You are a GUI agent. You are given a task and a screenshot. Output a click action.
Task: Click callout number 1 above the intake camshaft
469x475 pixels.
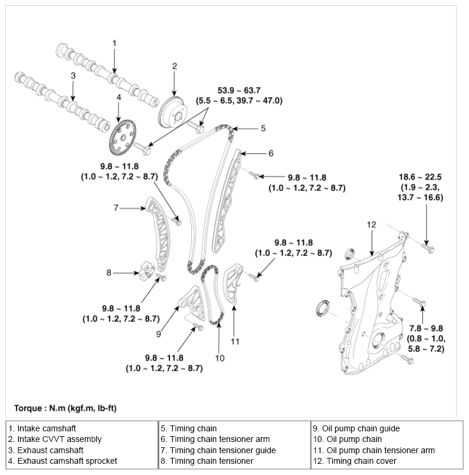tap(115, 43)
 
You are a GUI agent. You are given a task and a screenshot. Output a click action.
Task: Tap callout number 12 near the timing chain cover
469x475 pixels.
tap(371, 224)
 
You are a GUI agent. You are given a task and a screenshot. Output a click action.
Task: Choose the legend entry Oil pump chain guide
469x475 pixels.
tap(356, 428)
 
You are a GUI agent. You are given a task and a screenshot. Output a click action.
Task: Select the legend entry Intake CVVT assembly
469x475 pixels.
tap(55, 439)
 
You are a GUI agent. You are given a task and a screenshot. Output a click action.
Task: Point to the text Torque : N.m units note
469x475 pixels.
tap(68, 408)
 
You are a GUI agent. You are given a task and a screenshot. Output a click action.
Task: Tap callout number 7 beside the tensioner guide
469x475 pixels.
tap(116, 207)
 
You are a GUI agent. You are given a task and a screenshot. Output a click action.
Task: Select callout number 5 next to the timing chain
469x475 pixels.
tap(263, 127)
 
